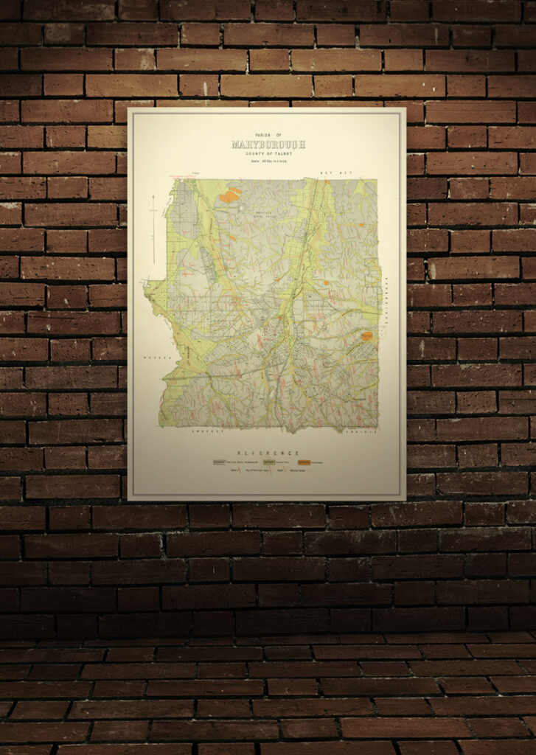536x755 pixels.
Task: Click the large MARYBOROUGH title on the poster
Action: (x=268, y=145)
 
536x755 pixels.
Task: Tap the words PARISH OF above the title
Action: (x=268, y=134)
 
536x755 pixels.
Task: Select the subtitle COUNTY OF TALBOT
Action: (x=268, y=153)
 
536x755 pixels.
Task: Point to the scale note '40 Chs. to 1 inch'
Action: (x=268, y=161)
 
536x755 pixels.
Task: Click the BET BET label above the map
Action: (x=327, y=172)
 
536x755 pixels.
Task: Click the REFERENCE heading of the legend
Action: (x=268, y=452)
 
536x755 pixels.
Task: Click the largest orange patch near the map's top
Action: (x=230, y=195)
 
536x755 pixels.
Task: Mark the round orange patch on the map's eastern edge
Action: (x=366, y=335)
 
